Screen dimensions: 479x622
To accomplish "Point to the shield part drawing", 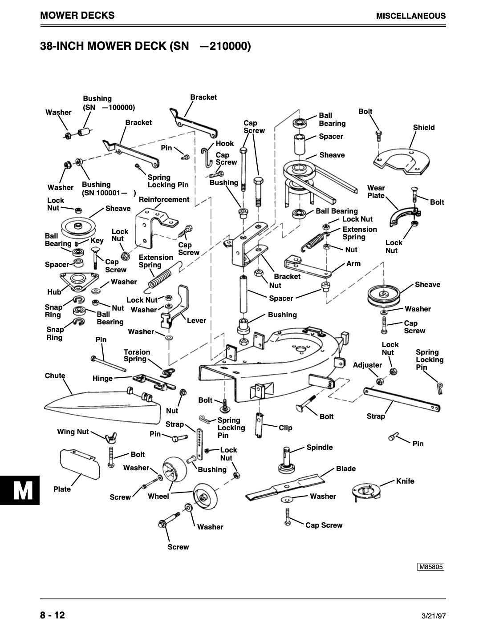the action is (x=402, y=162).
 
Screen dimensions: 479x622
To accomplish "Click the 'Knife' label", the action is (x=405, y=481).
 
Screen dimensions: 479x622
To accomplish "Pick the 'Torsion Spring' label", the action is (x=137, y=355).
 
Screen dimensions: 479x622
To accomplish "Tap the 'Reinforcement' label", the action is (x=164, y=199).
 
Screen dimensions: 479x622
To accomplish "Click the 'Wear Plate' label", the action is (x=376, y=191).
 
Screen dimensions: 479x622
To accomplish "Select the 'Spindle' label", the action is (x=320, y=448).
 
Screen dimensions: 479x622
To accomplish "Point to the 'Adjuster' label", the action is (x=367, y=365).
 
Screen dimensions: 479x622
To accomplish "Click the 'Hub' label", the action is (x=54, y=292).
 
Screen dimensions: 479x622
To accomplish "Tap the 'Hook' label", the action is (x=225, y=143).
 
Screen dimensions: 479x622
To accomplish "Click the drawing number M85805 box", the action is (x=430, y=567).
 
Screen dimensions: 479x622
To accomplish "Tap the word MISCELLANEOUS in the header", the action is (x=411, y=16).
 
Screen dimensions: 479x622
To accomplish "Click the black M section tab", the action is (x=20, y=490).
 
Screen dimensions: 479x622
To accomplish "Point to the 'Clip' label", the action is (x=285, y=428).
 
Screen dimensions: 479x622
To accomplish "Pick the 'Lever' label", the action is (x=196, y=321).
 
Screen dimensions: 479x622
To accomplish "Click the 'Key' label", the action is (x=97, y=240).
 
